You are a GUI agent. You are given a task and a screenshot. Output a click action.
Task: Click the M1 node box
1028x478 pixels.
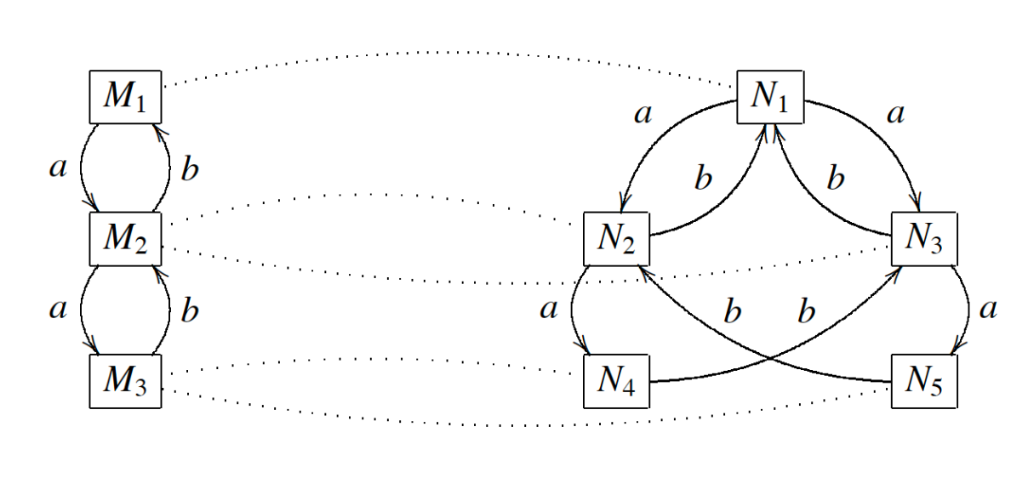point(125,97)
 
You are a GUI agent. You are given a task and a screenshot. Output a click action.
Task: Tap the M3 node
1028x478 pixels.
point(125,381)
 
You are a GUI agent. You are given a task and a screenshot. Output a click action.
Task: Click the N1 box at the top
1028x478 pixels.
point(769,97)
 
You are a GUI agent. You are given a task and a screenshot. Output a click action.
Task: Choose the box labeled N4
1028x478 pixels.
point(618,381)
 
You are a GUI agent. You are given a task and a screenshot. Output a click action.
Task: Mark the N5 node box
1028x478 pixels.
point(924,381)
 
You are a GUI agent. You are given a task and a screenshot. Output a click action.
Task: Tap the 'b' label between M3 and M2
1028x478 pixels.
point(191,310)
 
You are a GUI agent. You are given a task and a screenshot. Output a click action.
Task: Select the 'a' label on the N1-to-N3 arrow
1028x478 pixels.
point(894,114)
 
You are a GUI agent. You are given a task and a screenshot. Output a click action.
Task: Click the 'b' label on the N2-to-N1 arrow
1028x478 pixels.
point(703,180)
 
